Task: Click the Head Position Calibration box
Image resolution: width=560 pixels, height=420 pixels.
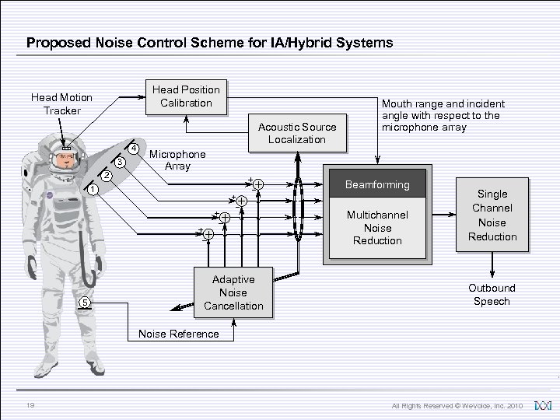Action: tap(186, 96)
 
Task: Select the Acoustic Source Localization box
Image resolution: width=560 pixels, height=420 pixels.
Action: tap(296, 132)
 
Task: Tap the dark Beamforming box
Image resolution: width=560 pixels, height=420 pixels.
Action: tap(379, 184)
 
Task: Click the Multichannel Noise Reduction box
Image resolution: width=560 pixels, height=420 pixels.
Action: tap(379, 228)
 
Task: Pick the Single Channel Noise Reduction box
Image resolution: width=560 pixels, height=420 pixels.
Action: tap(492, 215)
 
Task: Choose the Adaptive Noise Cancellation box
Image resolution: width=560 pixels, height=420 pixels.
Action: tap(233, 292)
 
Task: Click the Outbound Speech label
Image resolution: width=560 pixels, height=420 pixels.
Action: tap(492, 294)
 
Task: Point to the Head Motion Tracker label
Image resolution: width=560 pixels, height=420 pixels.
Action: tap(61, 103)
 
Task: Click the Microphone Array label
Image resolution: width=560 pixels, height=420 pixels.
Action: tap(177, 160)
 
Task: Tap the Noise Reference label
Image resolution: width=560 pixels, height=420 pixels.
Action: tap(178, 334)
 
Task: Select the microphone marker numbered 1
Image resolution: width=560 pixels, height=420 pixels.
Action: tap(92, 190)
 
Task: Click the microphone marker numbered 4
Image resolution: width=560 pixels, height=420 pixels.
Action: tap(134, 149)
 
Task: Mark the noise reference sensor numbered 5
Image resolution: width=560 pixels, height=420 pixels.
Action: tap(86, 303)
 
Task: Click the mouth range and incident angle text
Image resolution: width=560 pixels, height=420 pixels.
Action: tap(443, 115)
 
